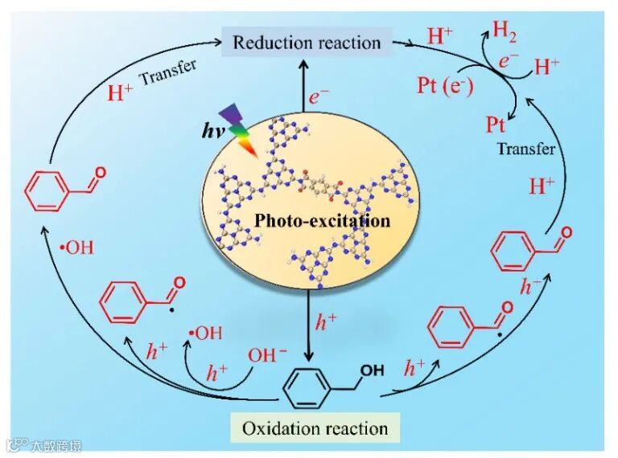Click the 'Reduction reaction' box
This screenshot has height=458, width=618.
[x=306, y=42]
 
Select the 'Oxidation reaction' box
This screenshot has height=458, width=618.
[x=315, y=427]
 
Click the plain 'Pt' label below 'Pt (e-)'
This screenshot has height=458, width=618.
[x=496, y=124]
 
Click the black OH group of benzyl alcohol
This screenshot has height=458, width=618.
[x=371, y=371]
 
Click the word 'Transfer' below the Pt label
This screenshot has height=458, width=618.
[x=526, y=149]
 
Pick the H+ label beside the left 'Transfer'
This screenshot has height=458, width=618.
[x=121, y=92]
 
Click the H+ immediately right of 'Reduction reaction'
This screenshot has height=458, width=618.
[x=440, y=35]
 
